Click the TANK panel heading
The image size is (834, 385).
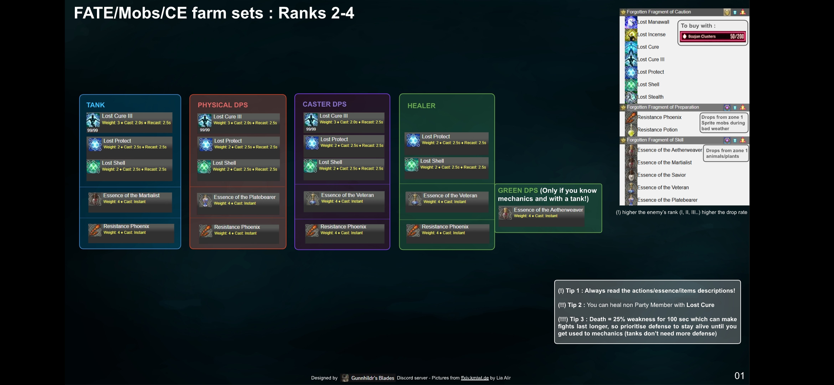(x=96, y=105)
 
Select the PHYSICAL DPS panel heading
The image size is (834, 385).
(x=223, y=105)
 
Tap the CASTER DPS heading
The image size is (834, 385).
(x=324, y=104)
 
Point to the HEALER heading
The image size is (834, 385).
(x=421, y=106)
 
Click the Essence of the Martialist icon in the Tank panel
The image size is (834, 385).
(x=95, y=199)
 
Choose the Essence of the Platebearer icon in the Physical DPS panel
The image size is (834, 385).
(x=205, y=201)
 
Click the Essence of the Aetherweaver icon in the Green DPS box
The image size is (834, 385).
(x=505, y=213)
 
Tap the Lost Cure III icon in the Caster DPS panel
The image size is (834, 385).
(x=311, y=119)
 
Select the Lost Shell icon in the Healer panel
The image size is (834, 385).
(x=412, y=164)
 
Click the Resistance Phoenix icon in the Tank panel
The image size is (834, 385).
(x=95, y=230)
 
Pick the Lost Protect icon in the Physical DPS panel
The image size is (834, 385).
(x=206, y=144)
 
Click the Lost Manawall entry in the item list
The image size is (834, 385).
(x=653, y=22)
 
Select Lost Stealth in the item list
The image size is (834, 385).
(x=650, y=97)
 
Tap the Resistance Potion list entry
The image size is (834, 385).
(x=657, y=130)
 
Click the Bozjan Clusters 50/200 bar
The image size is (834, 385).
(x=712, y=36)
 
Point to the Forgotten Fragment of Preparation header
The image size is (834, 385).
(x=663, y=107)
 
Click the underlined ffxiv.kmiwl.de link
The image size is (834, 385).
(x=474, y=378)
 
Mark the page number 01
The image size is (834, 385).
(x=739, y=376)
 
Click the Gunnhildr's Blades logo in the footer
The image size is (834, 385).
(x=345, y=378)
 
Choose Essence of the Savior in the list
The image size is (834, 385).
(x=661, y=175)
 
